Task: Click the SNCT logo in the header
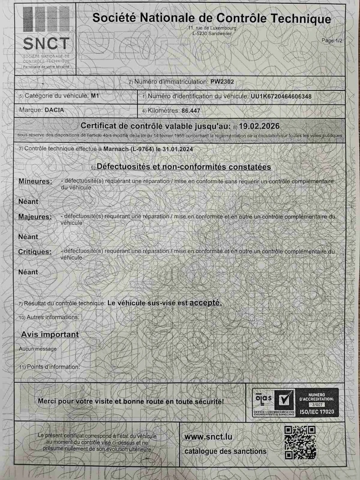(x=46, y=36)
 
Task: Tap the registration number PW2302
(x=222, y=82)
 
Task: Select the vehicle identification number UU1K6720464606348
(x=281, y=96)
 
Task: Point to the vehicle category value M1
(x=94, y=96)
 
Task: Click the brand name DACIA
(x=54, y=110)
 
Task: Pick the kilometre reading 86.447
(x=191, y=110)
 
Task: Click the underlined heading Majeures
(x=35, y=217)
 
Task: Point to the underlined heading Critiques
(x=35, y=252)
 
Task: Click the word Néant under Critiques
(x=28, y=272)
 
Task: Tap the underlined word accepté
(x=206, y=303)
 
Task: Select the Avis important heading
(x=49, y=335)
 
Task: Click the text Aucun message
(x=38, y=349)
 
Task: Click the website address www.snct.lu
(x=208, y=437)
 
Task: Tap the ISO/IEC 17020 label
(x=316, y=412)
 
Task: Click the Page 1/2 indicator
(x=332, y=41)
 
